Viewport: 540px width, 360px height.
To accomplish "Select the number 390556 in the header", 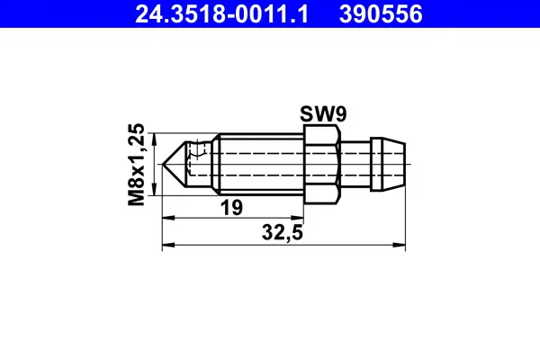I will click(x=381, y=14).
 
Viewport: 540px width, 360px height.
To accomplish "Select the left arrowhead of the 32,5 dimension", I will click(x=165, y=244).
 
